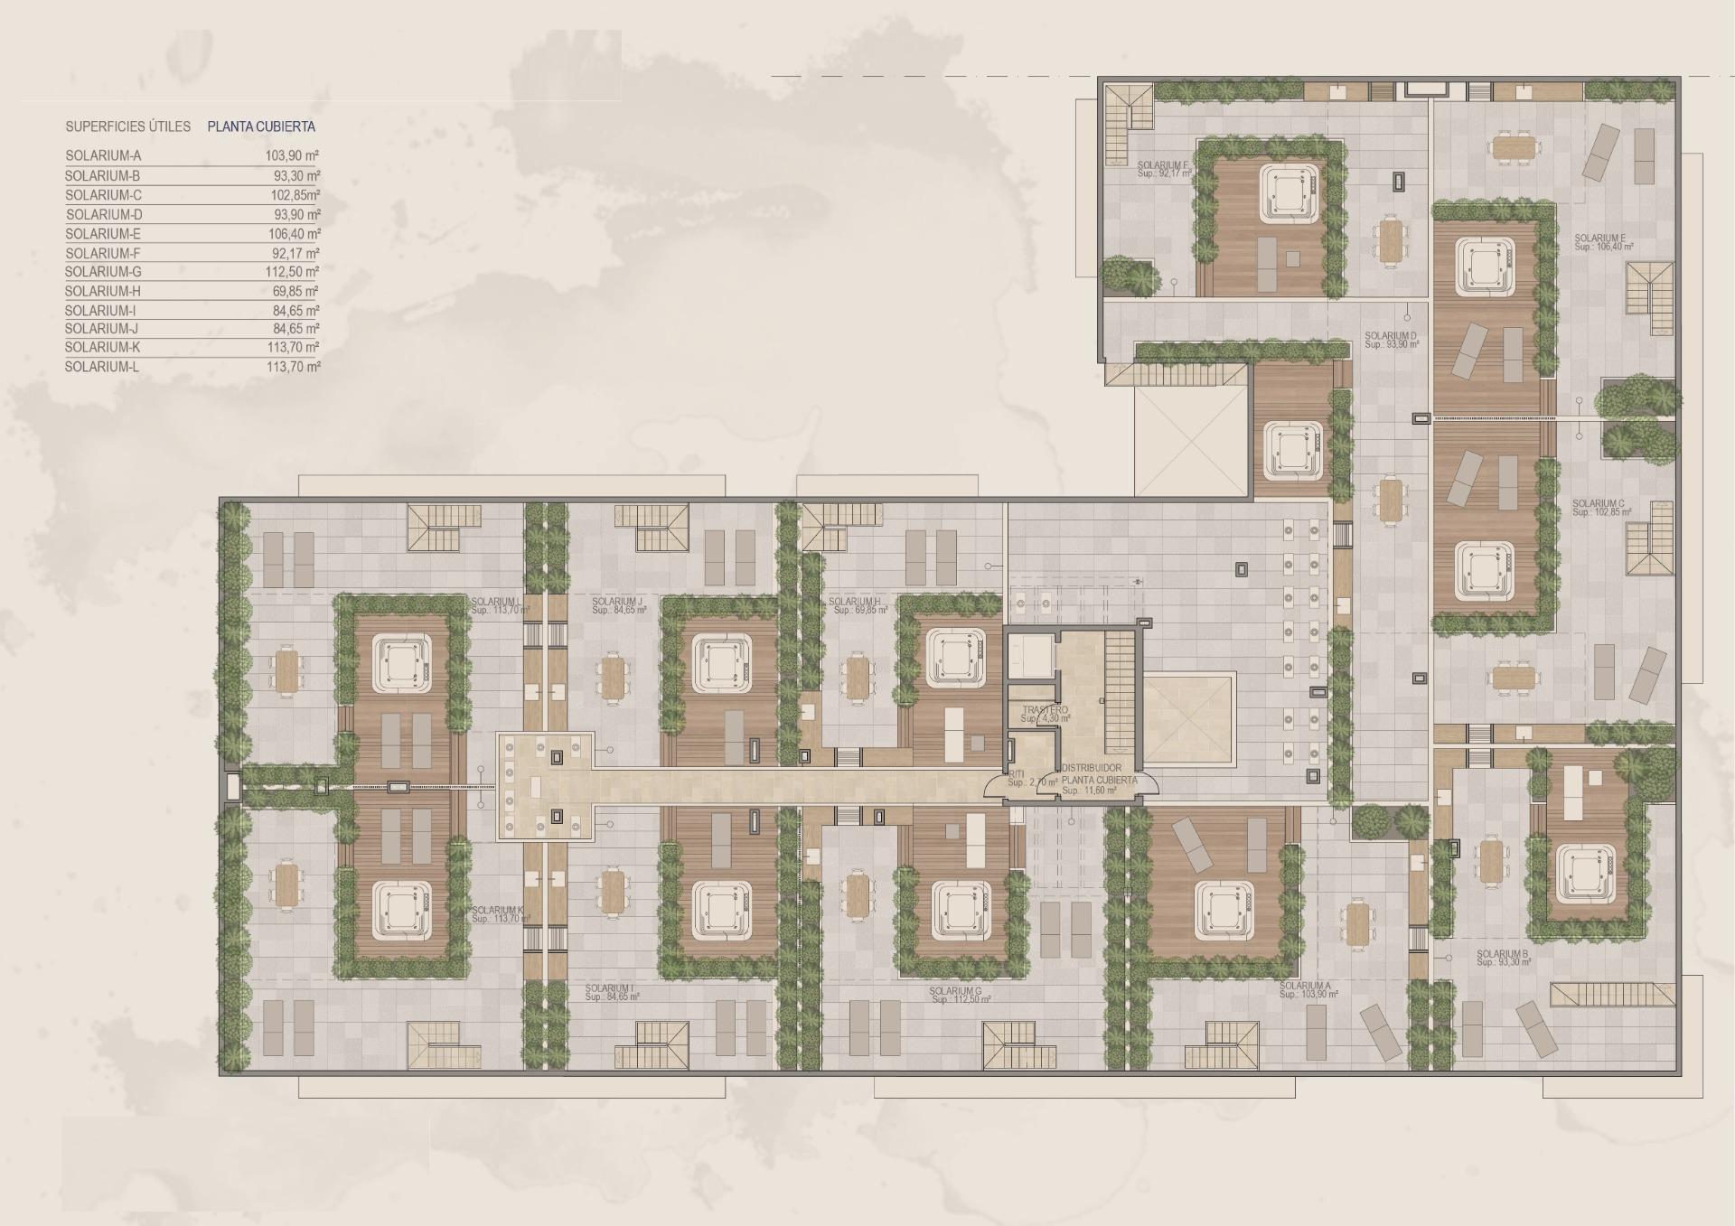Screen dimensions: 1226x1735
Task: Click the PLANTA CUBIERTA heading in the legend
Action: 261,127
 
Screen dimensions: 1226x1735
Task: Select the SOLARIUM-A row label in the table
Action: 103,156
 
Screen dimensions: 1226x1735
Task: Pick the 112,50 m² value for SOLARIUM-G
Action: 295,272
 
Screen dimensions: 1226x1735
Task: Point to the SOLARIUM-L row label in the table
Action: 102,368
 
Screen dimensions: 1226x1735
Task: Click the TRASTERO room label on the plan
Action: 1046,711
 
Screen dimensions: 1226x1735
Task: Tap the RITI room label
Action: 1018,774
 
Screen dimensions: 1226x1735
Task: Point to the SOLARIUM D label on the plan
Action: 1391,337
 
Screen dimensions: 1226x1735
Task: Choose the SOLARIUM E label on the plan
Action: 1599,239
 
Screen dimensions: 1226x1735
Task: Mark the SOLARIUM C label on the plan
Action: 1599,504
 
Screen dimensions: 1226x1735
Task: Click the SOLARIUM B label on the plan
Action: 1503,955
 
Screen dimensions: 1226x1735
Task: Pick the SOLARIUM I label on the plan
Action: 609,989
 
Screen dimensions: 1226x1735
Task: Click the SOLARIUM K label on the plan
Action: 497,911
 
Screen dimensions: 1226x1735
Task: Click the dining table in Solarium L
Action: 287,671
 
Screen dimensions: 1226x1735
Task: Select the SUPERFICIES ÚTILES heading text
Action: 127,127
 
